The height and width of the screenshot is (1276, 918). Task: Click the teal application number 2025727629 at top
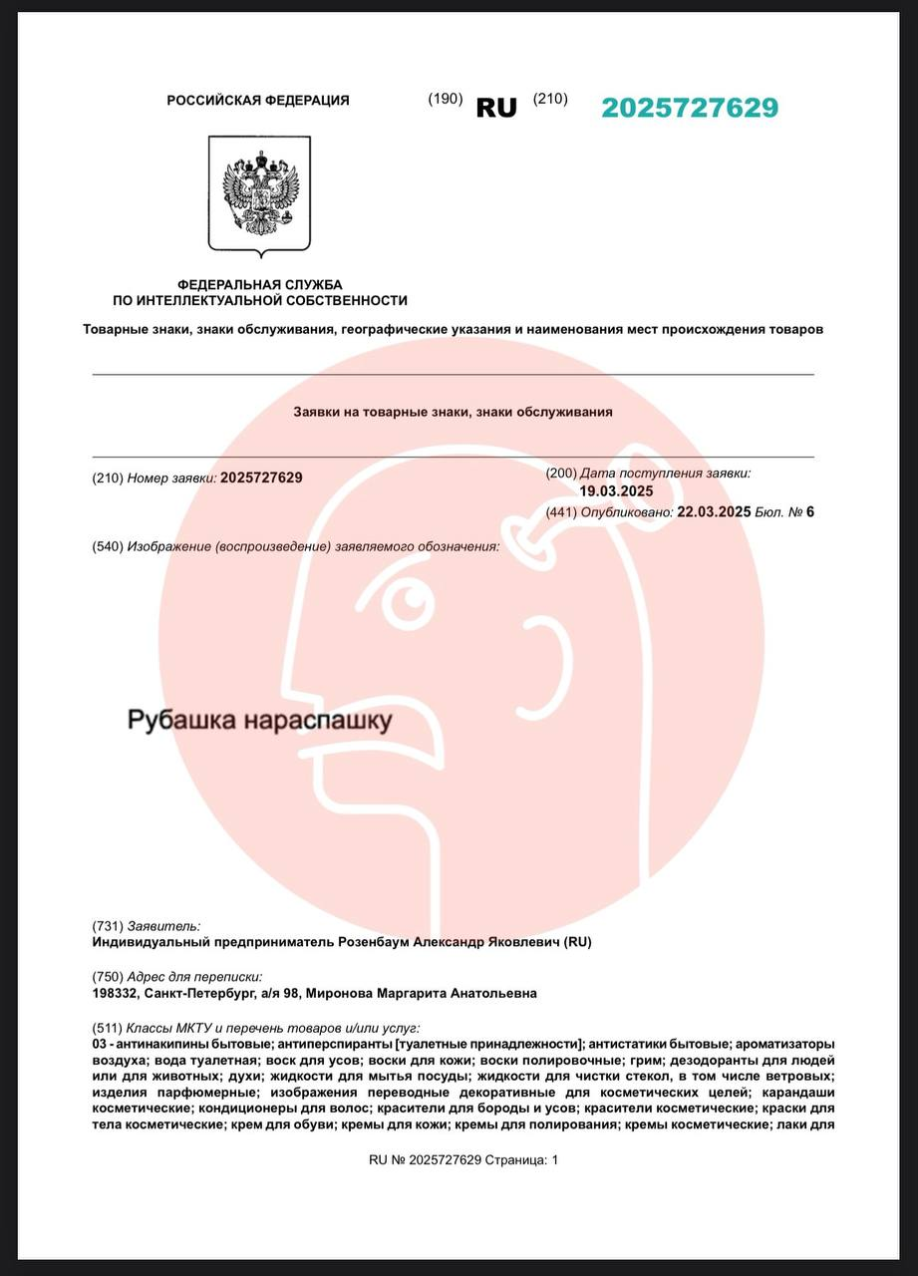click(x=689, y=108)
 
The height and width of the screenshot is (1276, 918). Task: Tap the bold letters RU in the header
click(x=496, y=108)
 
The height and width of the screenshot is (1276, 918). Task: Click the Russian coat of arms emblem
click(x=259, y=194)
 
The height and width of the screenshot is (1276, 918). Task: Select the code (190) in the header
click(x=446, y=99)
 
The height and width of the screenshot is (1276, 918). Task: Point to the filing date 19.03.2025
click(x=616, y=490)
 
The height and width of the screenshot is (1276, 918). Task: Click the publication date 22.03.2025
click(x=713, y=512)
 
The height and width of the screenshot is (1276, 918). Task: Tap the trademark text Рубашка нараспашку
click(x=259, y=720)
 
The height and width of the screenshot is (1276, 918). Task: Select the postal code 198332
click(x=114, y=994)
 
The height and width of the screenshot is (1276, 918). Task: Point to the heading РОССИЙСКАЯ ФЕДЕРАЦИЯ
click(x=258, y=100)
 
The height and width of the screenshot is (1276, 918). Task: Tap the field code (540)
click(x=108, y=546)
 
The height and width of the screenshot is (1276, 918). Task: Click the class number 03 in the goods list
click(x=99, y=1043)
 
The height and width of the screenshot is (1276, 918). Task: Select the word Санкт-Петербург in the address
click(x=192, y=994)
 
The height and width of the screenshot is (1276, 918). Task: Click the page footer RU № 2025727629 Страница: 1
click(x=463, y=1159)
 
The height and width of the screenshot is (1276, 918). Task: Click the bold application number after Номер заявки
click(x=261, y=478)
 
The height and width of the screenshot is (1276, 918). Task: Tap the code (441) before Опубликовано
click(x=562, y=512)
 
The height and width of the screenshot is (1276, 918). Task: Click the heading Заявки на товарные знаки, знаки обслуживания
click(x=453, y=411)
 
